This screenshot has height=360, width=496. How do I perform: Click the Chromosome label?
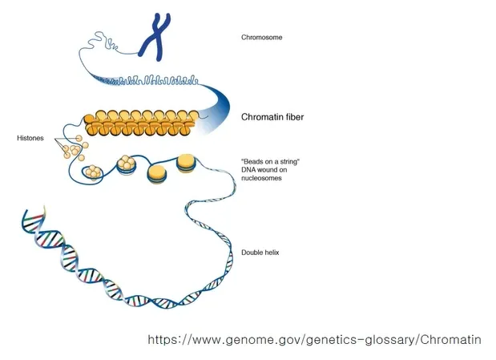click(x=261, y=38)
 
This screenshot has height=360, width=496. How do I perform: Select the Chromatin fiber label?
click(x=272, y=117)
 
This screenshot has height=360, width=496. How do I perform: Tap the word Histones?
click(x=30, y=138)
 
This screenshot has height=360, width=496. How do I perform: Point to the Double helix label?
click(x=260, y=253)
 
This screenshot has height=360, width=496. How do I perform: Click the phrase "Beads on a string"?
click(x=271, y=161)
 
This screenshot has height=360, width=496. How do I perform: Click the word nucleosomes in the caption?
click(x=261, y=178)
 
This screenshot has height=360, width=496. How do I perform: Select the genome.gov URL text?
click(x=314, y=340)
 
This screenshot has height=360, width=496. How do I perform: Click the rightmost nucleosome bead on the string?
click(x=186, y=164)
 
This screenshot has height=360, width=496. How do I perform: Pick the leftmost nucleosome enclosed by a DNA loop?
click(x=93, y=172)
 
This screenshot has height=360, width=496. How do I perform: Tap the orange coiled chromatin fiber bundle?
click(x=142, y=123)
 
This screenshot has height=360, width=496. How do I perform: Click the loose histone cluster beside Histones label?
click(x=75, y=148)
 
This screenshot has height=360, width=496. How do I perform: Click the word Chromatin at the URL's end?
click(x=451, y=340)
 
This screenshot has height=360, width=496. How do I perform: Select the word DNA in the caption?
click(x=248, y=170)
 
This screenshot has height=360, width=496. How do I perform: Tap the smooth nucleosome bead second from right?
click(x=157, y=175)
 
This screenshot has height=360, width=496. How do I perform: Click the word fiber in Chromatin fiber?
click(x=293, y=117)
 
